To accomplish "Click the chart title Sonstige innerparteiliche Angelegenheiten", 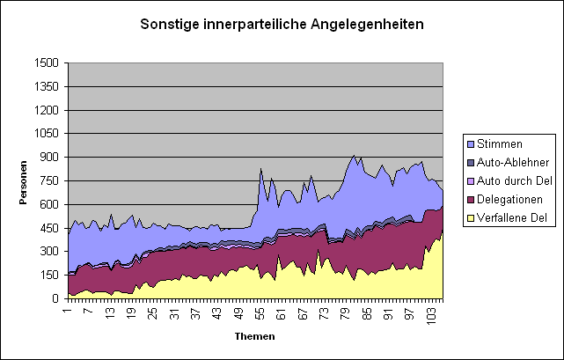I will point(282,24).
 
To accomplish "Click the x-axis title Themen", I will point(254,336).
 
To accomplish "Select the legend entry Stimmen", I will point(506,143).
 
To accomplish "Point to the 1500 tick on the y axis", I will point(48,63).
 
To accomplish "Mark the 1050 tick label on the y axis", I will point(48,134).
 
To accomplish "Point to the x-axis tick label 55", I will point(260,312).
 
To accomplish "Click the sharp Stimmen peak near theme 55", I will point(260,169).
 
